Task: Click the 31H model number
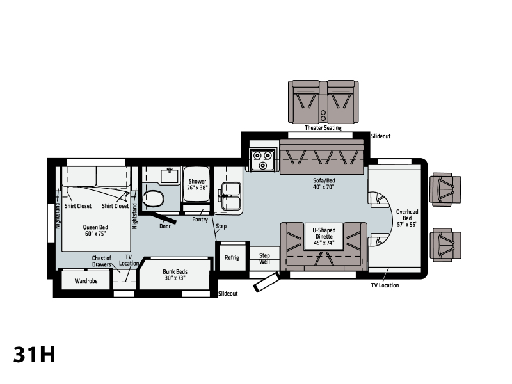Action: [x=35, y=355]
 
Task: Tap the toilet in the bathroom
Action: [x=153, y=198]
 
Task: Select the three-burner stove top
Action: [x=263, y=159]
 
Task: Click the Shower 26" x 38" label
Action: [x=197, y=184]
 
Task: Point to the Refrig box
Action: [x=232, y=258]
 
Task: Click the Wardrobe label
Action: [x=86, y=281]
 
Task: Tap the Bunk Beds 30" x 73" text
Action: [x=175, y=275]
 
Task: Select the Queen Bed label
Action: [x=95, y=230]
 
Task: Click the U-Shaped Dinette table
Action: [x=324, y=236]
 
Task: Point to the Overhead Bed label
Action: [x=407, y=218]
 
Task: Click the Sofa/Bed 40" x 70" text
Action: [x=324, y=184]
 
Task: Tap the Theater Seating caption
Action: [x=323, y=128]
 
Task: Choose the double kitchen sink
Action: [x=231, y=196]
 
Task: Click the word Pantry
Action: [x=200, y=220]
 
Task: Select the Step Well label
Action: [x=264, y=259]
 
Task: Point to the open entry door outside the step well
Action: [x=266, y=282]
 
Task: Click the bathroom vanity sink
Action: [x=170, y=175]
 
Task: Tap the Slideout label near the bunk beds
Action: [x=228, y=294]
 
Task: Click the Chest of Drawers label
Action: [x=102, y=261]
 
